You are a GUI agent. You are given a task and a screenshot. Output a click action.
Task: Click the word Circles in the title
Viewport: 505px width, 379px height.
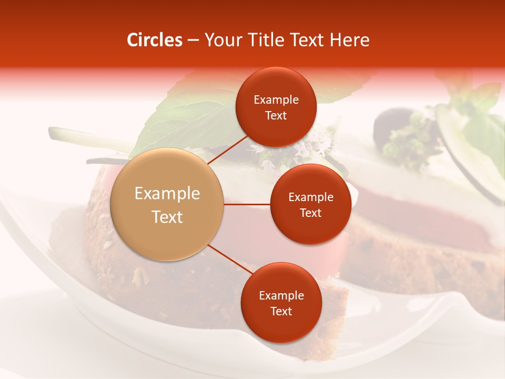(x=155, y=40)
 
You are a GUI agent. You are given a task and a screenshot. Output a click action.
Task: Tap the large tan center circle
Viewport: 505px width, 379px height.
(x=167, y=204)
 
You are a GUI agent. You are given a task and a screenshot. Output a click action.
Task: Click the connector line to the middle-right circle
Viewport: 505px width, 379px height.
(x=247, y=204)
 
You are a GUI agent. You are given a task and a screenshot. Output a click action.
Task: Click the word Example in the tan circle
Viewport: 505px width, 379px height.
(x=167, y=194)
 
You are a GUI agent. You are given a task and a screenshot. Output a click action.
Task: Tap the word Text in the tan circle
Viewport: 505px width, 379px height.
(x=167, y=217)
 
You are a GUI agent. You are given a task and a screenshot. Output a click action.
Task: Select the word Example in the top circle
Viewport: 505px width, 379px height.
(x=276, y=99)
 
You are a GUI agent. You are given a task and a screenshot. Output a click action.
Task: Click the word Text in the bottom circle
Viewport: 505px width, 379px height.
(x=281, y=311)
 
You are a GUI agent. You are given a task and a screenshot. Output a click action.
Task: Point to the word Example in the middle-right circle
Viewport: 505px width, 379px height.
(x=311, y=197)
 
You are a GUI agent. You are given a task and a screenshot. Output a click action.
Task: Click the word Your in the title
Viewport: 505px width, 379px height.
(x=220, y=40)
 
